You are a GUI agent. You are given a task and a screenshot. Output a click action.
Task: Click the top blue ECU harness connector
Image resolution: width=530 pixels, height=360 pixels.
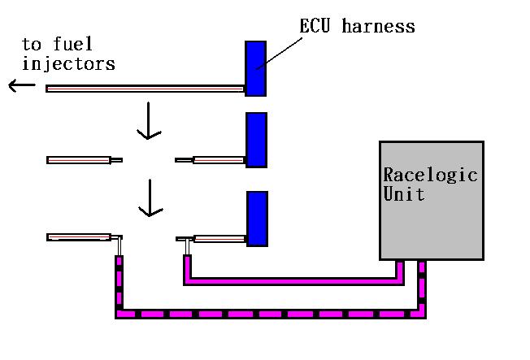[x=255, y=68]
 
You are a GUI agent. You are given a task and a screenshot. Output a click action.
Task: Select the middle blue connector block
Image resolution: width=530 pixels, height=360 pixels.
[x=256, y=139]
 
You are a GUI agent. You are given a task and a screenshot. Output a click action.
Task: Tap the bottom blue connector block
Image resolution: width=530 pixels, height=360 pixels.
[x=257, y=218]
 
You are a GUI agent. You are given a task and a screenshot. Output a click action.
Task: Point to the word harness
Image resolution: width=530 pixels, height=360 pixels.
[x=378, y=26]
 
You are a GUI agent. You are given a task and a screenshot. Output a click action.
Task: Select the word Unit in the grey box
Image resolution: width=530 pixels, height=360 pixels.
[x=404, y=194]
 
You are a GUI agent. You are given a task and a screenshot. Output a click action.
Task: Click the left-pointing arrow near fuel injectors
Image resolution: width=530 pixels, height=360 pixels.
[x=22, y=85]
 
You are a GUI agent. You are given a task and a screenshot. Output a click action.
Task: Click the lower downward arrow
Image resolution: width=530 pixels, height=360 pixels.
[x=147, y=198]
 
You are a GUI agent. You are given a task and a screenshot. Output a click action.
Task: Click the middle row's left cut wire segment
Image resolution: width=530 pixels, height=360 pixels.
[x=80, y=160]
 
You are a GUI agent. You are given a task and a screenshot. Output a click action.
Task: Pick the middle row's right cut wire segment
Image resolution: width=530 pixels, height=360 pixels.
[x=218, y=160]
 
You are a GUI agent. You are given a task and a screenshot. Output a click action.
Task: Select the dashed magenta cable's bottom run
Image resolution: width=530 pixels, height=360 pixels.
[x=268, y=312]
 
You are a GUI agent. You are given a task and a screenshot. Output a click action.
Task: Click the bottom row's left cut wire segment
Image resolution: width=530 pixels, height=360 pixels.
[x=80, y=237]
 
